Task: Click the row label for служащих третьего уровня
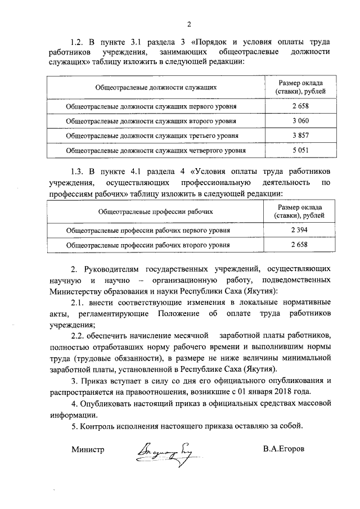(151, 136)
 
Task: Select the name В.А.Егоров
(286, 449)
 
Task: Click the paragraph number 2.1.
(78, 303)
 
